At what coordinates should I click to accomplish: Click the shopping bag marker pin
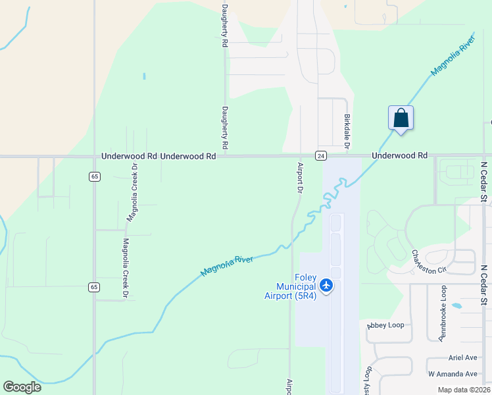(401, 119)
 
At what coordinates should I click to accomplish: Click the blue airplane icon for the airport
(327, 286)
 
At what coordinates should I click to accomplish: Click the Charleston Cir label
(429, 261)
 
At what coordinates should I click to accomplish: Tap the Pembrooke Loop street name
(443, 313)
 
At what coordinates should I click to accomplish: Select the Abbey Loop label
(385, 325)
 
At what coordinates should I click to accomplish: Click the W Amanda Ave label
(452, 373)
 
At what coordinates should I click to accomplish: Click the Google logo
(22, 387)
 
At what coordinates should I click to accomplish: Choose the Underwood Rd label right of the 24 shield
(399, 155)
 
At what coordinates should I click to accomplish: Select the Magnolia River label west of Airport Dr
(227, 265)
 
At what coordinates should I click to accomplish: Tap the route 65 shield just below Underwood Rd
(95, 176)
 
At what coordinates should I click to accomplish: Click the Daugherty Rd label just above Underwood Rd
(225, 126)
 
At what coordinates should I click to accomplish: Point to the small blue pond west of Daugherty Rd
(144, 76)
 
